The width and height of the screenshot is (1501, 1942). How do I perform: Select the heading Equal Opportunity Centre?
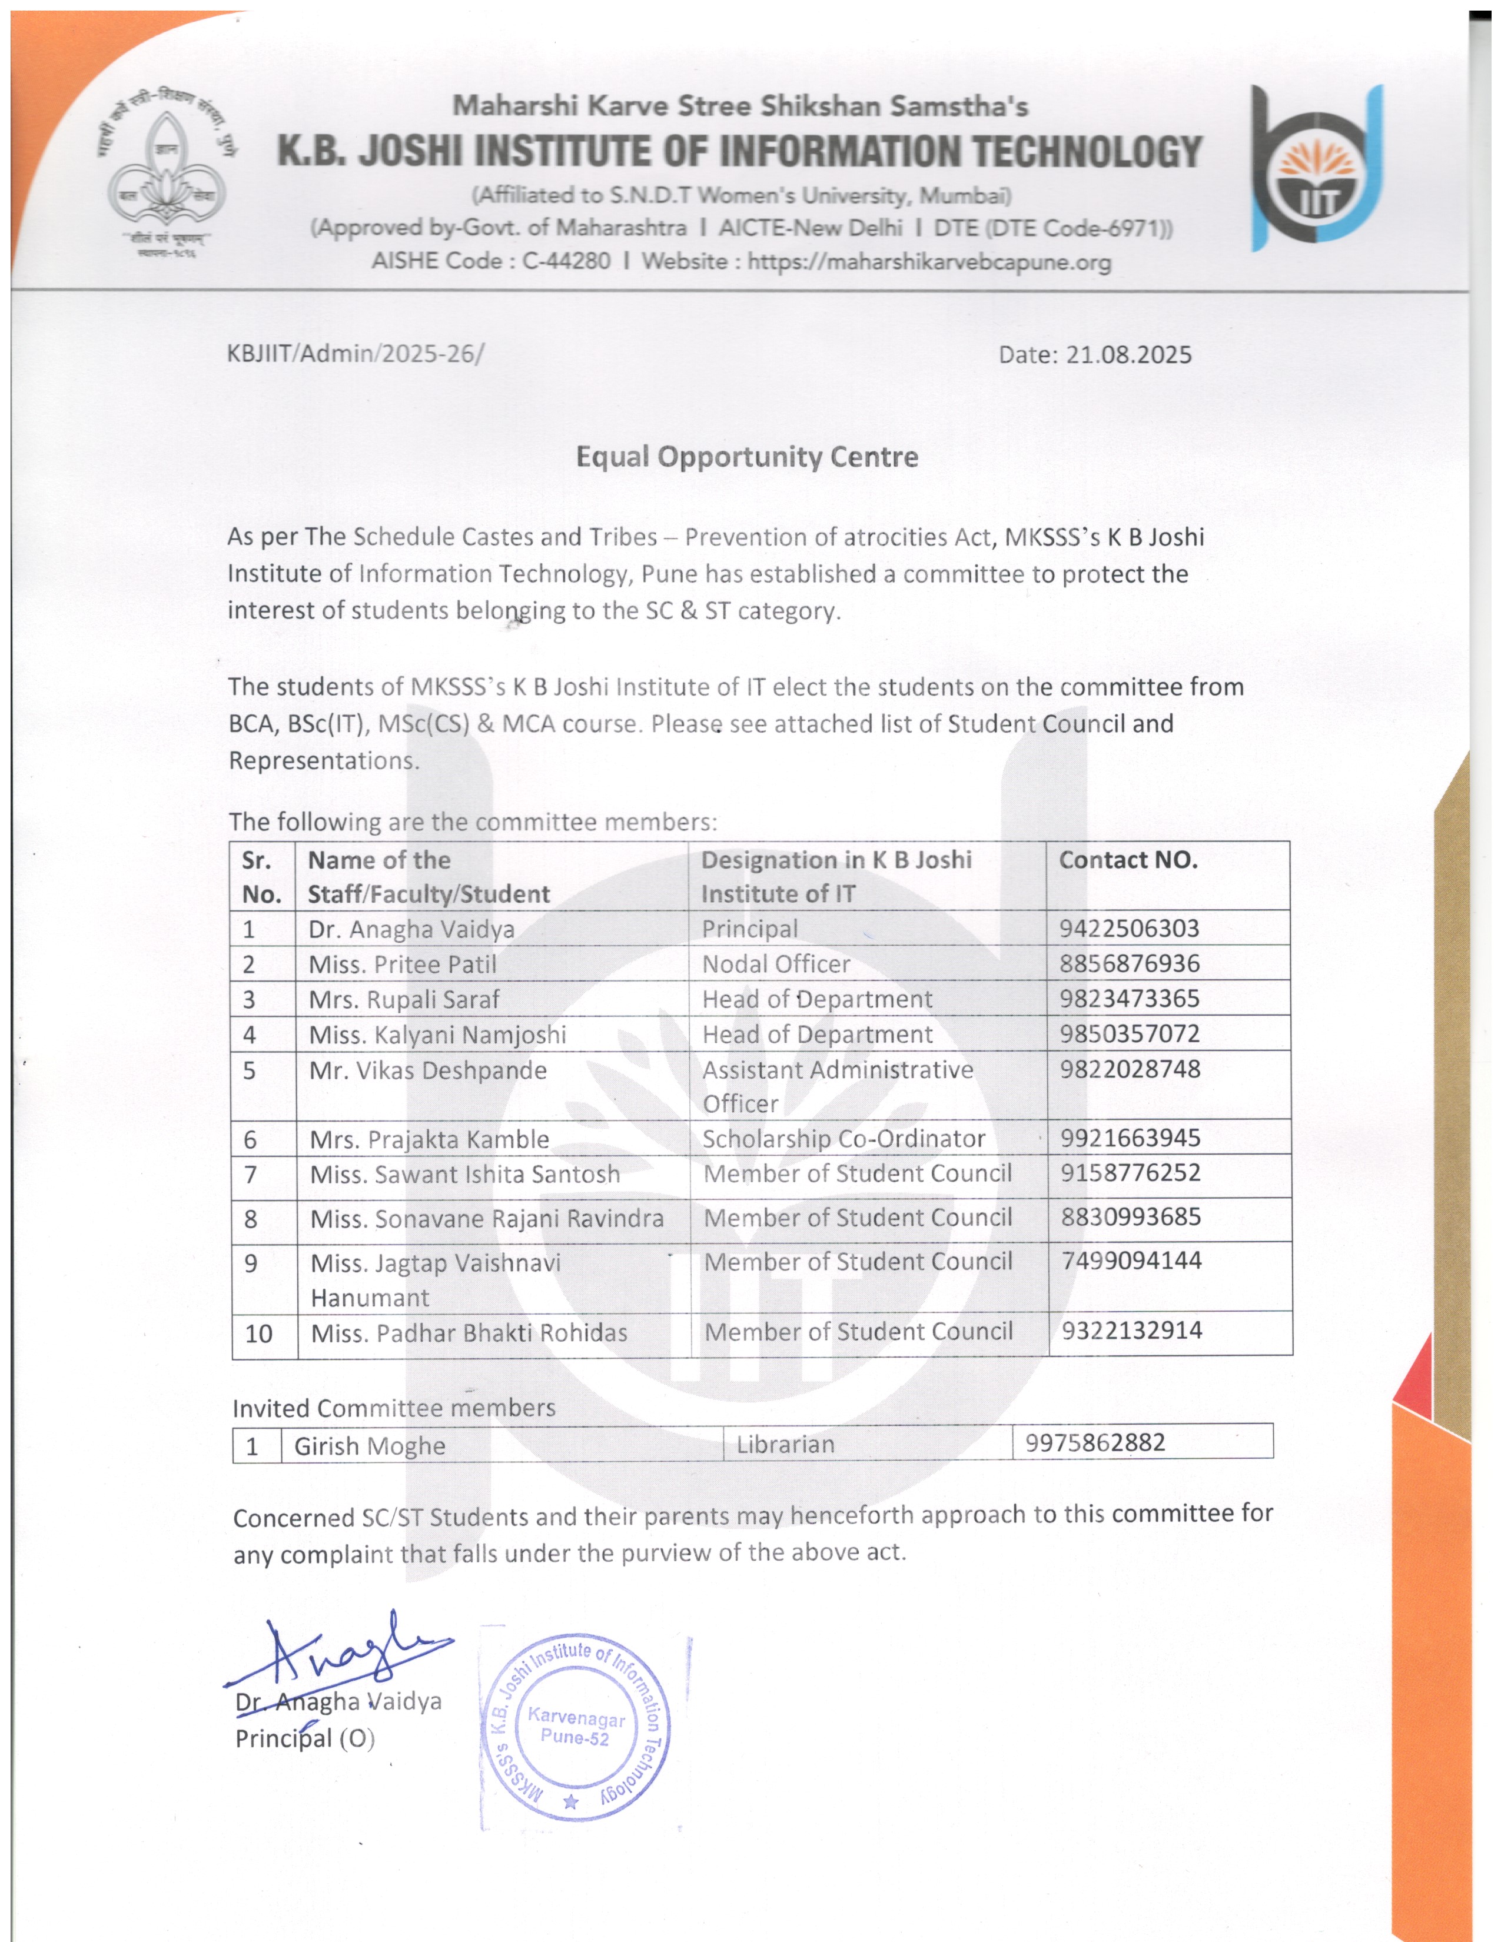[x=747, y=457]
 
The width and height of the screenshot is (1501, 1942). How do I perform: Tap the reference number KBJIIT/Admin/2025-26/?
[x=356, y=354]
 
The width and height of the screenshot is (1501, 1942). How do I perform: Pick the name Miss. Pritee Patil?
[x=402, y=964]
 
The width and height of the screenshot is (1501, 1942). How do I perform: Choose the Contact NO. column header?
[x=1128, y=860]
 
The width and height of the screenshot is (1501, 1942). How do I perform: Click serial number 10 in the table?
[x=259, y=1333]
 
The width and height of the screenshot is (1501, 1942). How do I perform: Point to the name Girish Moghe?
[x=370, y=1446]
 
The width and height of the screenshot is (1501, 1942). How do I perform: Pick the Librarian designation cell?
[x=785, y=1444]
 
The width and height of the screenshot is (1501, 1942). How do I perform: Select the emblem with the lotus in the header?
[x=167, y=175]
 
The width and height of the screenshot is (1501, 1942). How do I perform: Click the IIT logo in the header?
[x=1317, y=168]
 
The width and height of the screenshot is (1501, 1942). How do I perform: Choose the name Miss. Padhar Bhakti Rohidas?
[x=469, y=1333]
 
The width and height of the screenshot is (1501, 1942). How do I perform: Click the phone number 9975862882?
[x=1095, y=1442]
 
